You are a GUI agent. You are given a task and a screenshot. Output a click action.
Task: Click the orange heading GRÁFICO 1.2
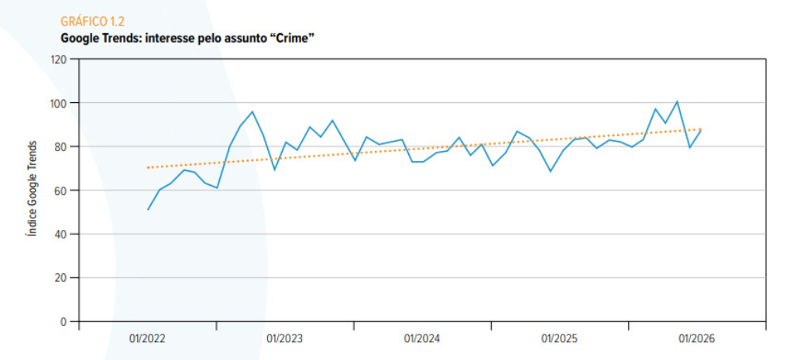pos(92,21)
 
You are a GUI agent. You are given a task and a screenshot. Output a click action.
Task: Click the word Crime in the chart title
pos(294,38)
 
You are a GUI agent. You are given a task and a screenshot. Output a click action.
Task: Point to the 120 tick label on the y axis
pos(59,59)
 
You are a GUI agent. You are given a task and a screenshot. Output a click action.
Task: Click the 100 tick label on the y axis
pos(59,103)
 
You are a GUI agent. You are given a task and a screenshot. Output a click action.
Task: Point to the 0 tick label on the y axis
pos(64,321)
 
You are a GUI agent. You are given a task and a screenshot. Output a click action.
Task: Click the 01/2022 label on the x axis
pos(147,339)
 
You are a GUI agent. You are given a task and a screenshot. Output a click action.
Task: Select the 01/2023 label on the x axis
pos(285,339)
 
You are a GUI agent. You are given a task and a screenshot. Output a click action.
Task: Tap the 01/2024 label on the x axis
pos(422,339)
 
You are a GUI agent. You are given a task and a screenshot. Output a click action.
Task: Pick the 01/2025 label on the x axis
pos(559,339)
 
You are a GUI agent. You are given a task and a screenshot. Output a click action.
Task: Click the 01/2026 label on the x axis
pos(697,339)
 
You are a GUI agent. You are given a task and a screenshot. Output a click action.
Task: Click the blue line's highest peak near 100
pos(677,101)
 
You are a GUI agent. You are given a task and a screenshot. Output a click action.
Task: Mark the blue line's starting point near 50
pos(148,209)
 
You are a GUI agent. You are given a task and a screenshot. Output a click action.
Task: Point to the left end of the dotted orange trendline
pos(147,167)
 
